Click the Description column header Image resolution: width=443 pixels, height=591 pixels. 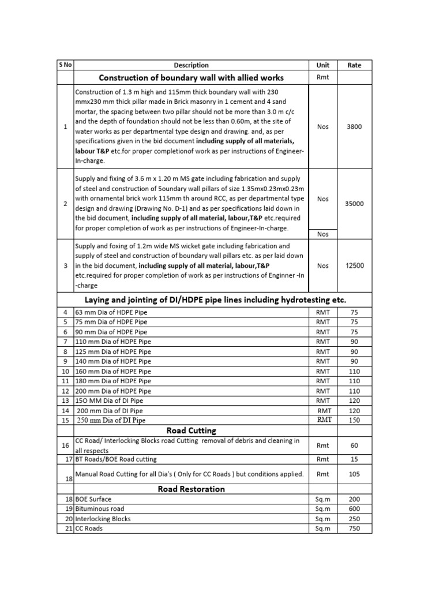click(191, 65)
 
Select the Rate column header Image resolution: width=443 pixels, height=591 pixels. click(354, 65)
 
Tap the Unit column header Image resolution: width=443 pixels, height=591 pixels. click(323, 65)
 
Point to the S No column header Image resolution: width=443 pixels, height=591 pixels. click(65, 65)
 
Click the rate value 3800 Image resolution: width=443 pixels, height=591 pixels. click(354, 126)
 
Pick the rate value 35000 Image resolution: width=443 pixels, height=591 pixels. click(354, 204)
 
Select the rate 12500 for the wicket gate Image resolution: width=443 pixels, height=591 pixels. click(354, 266)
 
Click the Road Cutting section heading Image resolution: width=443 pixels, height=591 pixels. click(191, 431)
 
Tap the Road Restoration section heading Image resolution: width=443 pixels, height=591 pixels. click(191, 489)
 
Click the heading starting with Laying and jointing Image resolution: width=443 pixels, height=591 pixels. click(215, 300)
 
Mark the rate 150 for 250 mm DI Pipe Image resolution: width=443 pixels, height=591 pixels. click(354, 420)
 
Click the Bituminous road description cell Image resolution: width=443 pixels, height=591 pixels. click(100, 509)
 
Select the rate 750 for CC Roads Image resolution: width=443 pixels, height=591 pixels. click(354, 529)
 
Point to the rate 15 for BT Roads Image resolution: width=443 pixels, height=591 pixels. click(354, 459)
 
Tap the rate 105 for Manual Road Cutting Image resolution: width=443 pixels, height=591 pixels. click(354, 474)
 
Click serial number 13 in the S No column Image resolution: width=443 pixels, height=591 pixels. click(65, 401)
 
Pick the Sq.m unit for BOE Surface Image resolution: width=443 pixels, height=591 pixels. click(323, 499)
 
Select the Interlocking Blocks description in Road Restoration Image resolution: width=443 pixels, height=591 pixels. click(103, 519)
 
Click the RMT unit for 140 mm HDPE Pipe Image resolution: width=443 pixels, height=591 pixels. click(323, 361)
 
